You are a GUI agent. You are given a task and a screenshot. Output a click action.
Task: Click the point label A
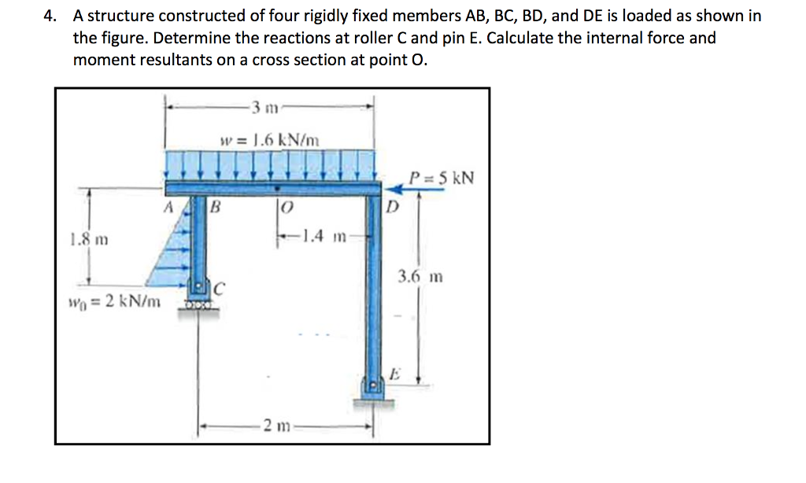pyautogui.click(x=166, y=210)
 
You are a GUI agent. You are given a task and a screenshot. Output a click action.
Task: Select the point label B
pyautogui.click(x=214, y=210)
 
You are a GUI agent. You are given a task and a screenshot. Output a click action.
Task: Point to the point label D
pyautogui.click(x=392, y=210)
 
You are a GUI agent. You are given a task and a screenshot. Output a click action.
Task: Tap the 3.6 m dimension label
pyautogui.click(x=420, y=276)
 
